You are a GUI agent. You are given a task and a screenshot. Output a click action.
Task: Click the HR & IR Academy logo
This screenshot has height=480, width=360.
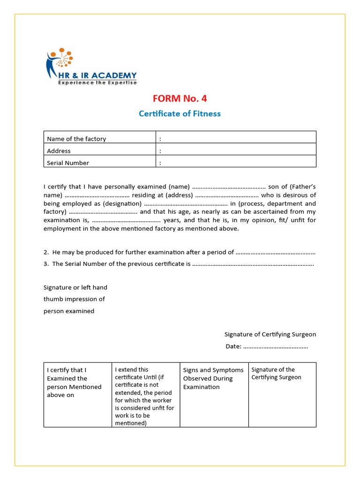(x=91, y=67)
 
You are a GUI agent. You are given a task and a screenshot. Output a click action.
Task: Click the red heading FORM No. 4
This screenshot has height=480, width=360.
(x=180, y=98)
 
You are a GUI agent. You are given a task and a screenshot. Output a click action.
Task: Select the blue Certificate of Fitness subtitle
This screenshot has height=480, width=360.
(x=180, y=113)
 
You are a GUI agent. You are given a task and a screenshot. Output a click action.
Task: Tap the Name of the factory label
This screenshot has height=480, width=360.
(x=76, y=139)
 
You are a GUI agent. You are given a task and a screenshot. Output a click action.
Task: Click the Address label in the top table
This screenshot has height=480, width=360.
(x=59, y=151)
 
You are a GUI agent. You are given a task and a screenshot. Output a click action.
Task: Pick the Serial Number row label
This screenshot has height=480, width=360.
(x=68, y=163)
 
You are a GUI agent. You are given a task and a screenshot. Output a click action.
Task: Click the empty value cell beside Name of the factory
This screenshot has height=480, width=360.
(x=236, y=139)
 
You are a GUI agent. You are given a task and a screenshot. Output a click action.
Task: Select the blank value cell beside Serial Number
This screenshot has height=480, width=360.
(x=236, y=163)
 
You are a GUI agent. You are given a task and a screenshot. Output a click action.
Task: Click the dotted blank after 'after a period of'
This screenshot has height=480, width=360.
(x=275, y=253)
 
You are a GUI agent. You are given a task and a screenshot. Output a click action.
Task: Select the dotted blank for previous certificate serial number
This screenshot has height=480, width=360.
(x=253, y=264)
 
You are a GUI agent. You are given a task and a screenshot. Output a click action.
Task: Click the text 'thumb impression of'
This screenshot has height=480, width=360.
(x=74, y=299)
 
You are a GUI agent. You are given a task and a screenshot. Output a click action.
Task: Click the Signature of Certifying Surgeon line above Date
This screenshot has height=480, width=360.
(x=270, y=334)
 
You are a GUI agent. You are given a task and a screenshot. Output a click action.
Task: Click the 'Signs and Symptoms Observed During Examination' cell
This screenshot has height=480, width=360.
(x=214, y=378)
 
